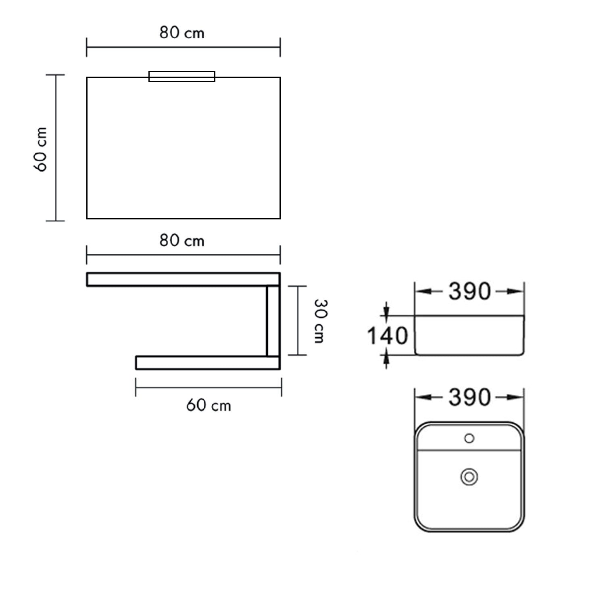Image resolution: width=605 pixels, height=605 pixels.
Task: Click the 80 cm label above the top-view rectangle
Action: point(182,33)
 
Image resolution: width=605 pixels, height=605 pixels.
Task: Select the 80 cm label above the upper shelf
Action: point(182,241)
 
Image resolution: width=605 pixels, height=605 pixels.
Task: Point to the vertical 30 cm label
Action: point(320,321)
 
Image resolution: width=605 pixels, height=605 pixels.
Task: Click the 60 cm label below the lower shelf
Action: point(209,405)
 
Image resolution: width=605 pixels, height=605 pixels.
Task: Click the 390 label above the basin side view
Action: point(469,291)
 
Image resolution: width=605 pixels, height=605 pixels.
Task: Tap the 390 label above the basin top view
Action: point(469,397)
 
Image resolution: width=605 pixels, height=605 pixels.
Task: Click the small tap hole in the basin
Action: point(469,438)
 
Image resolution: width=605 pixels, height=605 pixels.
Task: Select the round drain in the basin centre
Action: point(469,477)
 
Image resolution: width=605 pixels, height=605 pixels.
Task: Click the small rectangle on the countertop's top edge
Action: point(182,77)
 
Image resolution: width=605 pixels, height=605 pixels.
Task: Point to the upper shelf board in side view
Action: point(183,280)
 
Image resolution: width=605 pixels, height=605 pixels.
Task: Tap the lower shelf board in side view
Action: point(208,363)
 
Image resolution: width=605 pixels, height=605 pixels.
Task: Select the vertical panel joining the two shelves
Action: point(273,321)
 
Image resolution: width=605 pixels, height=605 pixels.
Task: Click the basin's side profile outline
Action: point(469,335)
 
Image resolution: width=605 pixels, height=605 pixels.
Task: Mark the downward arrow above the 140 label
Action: point(386,311)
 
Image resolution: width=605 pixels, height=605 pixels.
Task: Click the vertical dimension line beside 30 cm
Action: point(298,321)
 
